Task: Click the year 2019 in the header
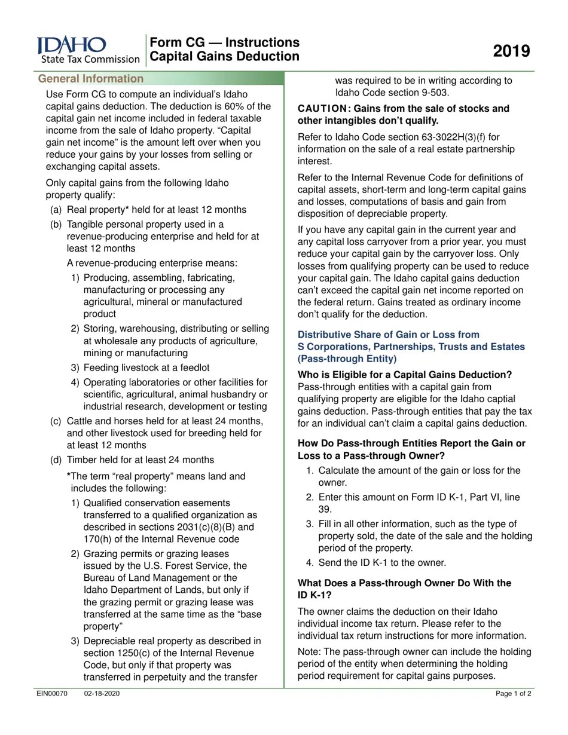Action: coord(511,51)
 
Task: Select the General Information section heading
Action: coord(91,79)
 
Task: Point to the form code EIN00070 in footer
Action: coord(52,694)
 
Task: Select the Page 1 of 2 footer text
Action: coord(513,694)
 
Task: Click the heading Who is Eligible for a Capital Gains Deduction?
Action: coord(405,375)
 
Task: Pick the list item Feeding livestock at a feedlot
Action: coord(146,367)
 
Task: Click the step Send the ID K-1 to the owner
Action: coord(381,562)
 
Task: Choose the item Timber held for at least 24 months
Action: coord(140,460)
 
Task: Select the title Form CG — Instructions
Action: coord(225,42)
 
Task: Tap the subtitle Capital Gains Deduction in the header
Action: coord(225,57)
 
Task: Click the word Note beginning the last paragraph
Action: coord(309,652)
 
